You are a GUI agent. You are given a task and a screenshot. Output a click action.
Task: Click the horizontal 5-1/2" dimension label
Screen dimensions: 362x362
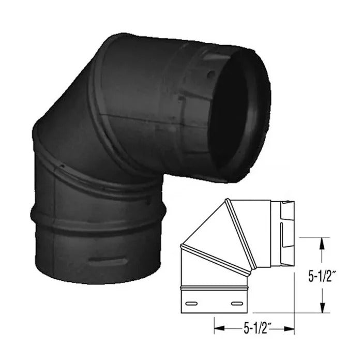pos(254,327)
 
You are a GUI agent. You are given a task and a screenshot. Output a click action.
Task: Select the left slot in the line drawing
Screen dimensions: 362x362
pos(193,303)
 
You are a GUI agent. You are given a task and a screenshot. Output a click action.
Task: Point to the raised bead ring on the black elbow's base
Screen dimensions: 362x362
pos(96,217)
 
